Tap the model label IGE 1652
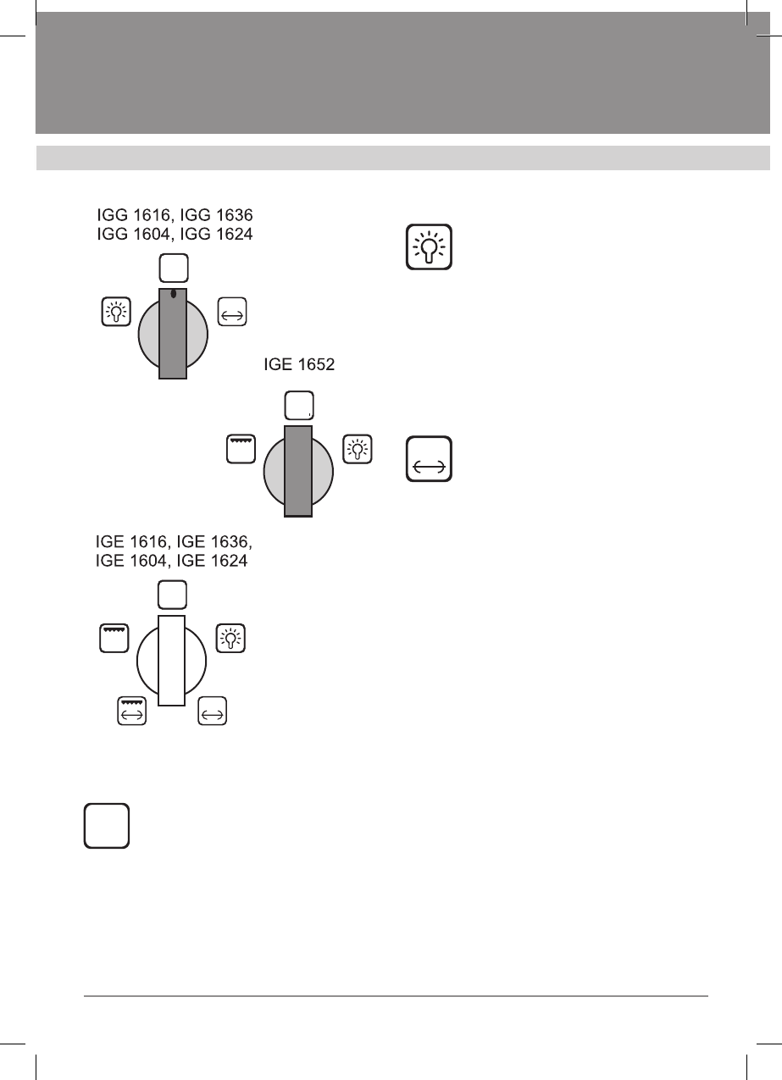tap(298, 366)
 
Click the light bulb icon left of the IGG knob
tap(114, 311)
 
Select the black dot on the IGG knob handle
tap(173, 294)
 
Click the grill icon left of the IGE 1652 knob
tap(241, 449)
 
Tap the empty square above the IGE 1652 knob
tap(298, 407)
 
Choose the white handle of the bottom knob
tap(171, 661)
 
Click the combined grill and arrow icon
tap(132, 711)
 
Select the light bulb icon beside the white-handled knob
tap(231, 639)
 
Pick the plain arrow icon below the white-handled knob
tap(213, 711)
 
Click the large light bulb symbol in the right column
tap(430, 247)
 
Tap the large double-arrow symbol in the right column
tap(430, 459)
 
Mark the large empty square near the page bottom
tap(107, 825)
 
